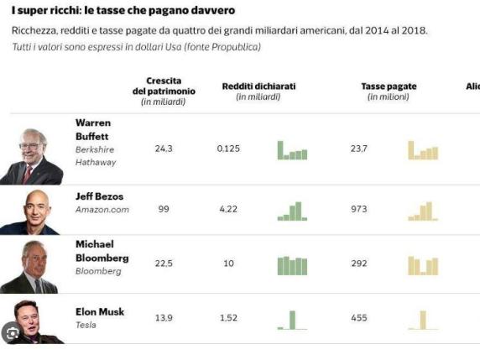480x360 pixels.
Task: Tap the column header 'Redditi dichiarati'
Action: [258, 86]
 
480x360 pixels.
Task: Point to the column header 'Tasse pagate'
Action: [389, 86]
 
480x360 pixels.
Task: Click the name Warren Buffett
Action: [93, 128]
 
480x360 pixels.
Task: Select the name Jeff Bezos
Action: [99, 196]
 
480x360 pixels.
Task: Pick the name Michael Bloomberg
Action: [102, 251]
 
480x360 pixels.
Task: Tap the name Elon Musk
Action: [99, 311]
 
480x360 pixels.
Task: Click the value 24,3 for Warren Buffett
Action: [164, 149]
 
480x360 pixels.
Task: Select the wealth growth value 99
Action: [164, 209]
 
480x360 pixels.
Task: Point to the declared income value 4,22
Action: [228, 209]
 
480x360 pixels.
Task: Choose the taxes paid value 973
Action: [359, 209]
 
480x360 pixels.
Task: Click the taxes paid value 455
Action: [359, 318]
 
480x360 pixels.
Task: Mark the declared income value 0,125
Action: [228, 149]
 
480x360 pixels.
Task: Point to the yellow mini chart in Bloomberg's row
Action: [423, 265]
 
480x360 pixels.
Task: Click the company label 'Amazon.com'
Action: [102, 210]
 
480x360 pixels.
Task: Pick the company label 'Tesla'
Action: [86, 325]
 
